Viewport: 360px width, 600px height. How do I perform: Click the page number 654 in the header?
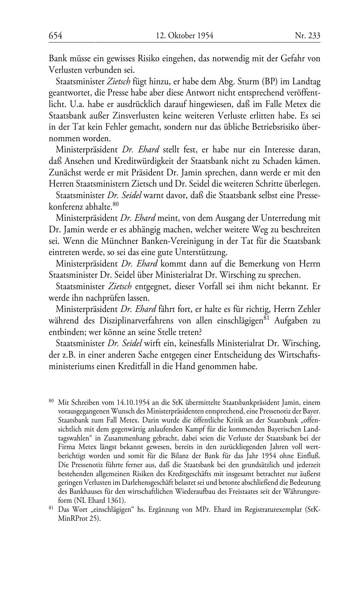(55, 35)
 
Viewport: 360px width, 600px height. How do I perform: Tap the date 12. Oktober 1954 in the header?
(185, 35)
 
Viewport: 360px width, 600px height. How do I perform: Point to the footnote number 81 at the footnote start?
(51, 508)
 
